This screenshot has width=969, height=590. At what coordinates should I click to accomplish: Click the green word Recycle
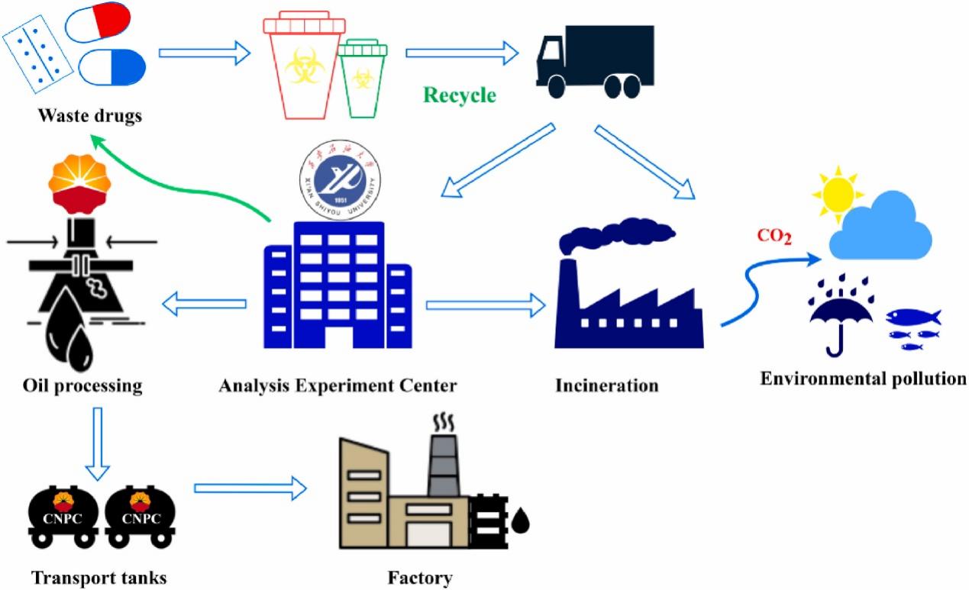[x=460, y=96]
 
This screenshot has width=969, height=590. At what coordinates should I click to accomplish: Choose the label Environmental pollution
[x=864, y=379]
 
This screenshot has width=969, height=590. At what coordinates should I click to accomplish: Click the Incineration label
[x=607, y=385]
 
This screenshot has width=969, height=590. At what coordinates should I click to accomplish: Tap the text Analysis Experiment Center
[x=338, y=385]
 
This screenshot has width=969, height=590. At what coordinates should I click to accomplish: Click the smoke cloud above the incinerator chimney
[x=619, y=234]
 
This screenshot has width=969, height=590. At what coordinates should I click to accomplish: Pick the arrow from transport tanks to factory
[x=250, y=488]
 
